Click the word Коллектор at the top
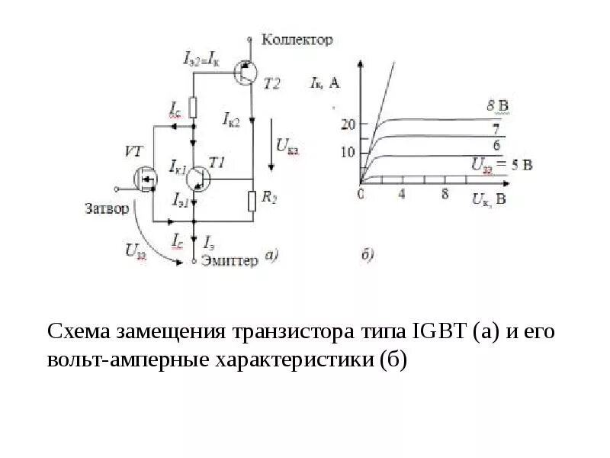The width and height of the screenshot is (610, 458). click(297, 40)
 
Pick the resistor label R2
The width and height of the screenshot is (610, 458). click(269, 198)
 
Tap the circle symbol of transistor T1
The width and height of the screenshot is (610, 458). click(198, 177)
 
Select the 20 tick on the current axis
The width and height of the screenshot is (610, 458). click(348, 124)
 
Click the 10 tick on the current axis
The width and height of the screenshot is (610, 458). click(348, 153)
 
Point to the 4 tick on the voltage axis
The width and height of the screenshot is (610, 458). click(402, 195)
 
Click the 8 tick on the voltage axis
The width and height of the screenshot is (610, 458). click(444, 195)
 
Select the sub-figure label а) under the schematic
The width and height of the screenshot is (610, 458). click(272, 256)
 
